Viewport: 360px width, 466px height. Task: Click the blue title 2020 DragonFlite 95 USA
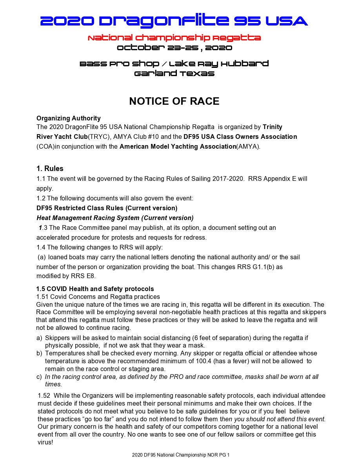(x=174, y=21)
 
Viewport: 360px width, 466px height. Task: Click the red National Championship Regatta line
(x=174, y=38)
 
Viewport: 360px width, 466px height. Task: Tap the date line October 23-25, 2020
(x=174, y=48)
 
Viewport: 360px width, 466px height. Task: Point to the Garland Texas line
(x=174, y=73)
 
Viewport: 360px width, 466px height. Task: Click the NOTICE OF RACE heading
(x=174, y=101)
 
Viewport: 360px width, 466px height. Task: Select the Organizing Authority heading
(x=69, y=118)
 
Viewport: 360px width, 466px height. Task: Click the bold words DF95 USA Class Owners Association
(x=240, y=137)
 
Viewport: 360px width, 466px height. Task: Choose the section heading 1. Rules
(x=50, y=169)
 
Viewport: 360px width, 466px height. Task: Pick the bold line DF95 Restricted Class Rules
(x=107, y=208)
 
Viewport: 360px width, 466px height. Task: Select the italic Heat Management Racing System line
(x=115, y=218)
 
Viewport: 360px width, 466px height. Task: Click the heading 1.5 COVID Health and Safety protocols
(x=95, y=289)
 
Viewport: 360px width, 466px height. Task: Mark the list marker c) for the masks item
(x=39, y=377)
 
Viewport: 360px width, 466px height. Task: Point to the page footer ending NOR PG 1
(x=180, y=455)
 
